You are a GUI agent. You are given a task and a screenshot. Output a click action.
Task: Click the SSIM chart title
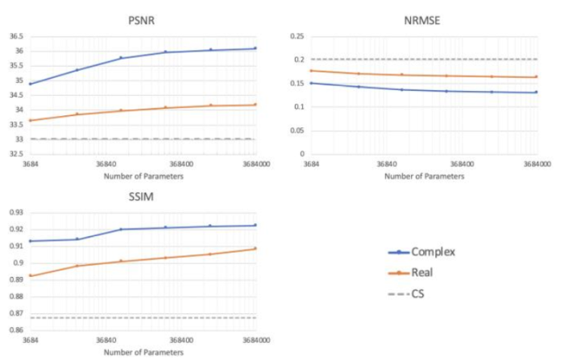[x=142, y=197]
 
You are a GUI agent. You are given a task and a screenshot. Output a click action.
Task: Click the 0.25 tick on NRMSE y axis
[x=297, y=36]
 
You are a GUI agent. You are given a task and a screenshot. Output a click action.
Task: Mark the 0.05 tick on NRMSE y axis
[x=297, y=130]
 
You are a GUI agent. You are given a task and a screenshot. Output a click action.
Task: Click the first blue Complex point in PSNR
[x=31, y=84]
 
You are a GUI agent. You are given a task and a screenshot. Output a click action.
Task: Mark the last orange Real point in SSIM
[x=255, y=248]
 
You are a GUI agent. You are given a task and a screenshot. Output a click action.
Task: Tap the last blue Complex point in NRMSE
[x=536, y=92]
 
